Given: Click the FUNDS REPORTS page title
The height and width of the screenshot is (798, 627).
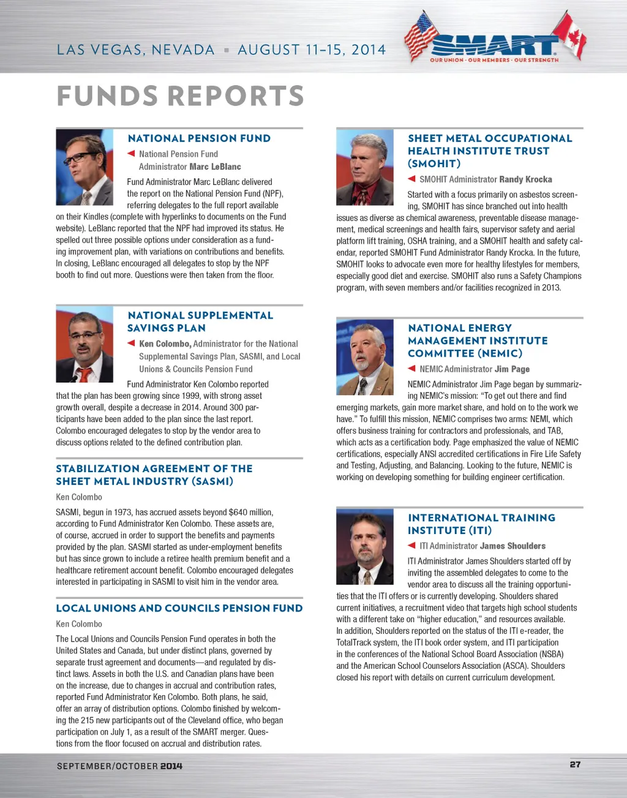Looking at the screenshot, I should click(180, 96).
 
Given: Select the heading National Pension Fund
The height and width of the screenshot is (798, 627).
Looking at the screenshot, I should click(199, 138).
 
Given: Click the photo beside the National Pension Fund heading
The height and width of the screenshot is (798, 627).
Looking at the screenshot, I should click(84, 167).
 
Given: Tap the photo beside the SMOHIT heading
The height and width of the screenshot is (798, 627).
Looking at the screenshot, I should click(365, 167).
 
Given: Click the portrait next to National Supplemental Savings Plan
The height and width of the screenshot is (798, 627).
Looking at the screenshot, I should click(84, 344).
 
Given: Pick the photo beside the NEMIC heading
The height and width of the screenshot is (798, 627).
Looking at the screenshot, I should click(365, 356).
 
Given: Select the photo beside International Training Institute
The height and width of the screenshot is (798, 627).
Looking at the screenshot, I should click(365, 546).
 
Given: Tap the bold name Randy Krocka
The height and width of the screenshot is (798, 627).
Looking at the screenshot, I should click(525, 179).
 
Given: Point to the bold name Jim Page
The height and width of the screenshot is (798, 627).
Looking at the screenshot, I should click(512, 369).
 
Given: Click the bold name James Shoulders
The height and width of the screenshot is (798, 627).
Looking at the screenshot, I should click(512, 546).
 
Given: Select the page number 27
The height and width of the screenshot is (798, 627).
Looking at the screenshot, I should click(575, 764).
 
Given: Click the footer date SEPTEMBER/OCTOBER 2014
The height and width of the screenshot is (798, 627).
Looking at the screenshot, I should click(119, 766).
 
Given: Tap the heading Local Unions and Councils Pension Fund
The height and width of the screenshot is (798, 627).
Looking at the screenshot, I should click(179, 608).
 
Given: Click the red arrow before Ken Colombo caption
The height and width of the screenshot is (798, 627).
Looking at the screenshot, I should click(130, 343).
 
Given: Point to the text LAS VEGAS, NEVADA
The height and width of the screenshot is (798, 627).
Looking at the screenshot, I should click(135, 50).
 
